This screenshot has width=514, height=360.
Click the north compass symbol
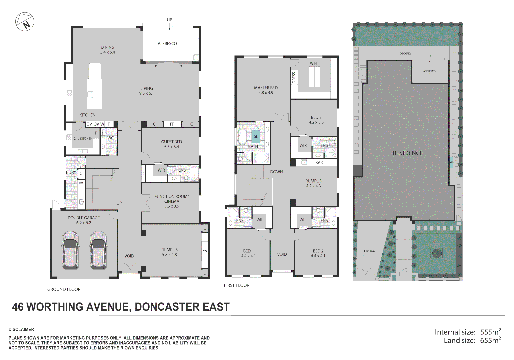coord(25,22)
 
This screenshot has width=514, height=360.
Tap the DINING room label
coord(107,47)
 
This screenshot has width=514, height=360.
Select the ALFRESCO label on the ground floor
coord(167,44)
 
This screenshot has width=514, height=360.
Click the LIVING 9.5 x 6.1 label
coord(147,91)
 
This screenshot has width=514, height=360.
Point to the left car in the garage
coord(70,250)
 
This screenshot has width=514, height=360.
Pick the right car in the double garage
coord(98,250)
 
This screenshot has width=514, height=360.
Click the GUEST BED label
coord(171,142)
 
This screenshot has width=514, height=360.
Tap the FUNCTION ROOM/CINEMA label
coord(172,199)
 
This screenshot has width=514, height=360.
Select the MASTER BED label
coord(266,88)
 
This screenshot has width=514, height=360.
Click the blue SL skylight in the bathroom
coord(256,136)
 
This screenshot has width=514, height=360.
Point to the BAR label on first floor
coord(319,162)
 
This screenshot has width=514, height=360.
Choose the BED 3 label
coord(316,117)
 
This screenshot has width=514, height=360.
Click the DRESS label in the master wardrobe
coord(294,78)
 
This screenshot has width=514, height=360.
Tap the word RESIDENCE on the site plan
coord(408,153)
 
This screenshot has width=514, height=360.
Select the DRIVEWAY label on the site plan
coord(369,251)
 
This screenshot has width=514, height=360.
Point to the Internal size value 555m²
coord(491,332)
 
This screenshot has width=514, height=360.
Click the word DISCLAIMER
coord(21,329)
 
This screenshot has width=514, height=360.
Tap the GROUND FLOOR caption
coord(64,289)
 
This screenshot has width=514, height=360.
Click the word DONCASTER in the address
coord(167,307)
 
